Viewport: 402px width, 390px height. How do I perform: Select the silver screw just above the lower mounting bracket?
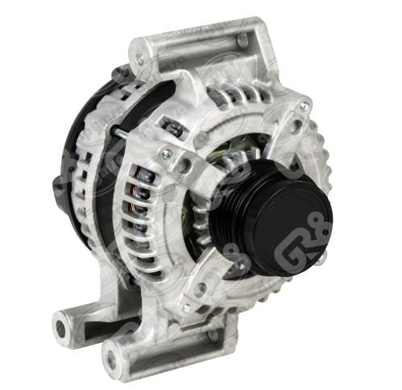(187, 307)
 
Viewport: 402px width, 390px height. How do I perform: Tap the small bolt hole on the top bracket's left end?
(141, 57)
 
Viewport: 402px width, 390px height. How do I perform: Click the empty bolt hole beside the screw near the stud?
(184, 166)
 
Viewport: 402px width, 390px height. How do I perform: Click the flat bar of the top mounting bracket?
(201, 44)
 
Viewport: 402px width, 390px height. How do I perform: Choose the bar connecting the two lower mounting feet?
(89, 338)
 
